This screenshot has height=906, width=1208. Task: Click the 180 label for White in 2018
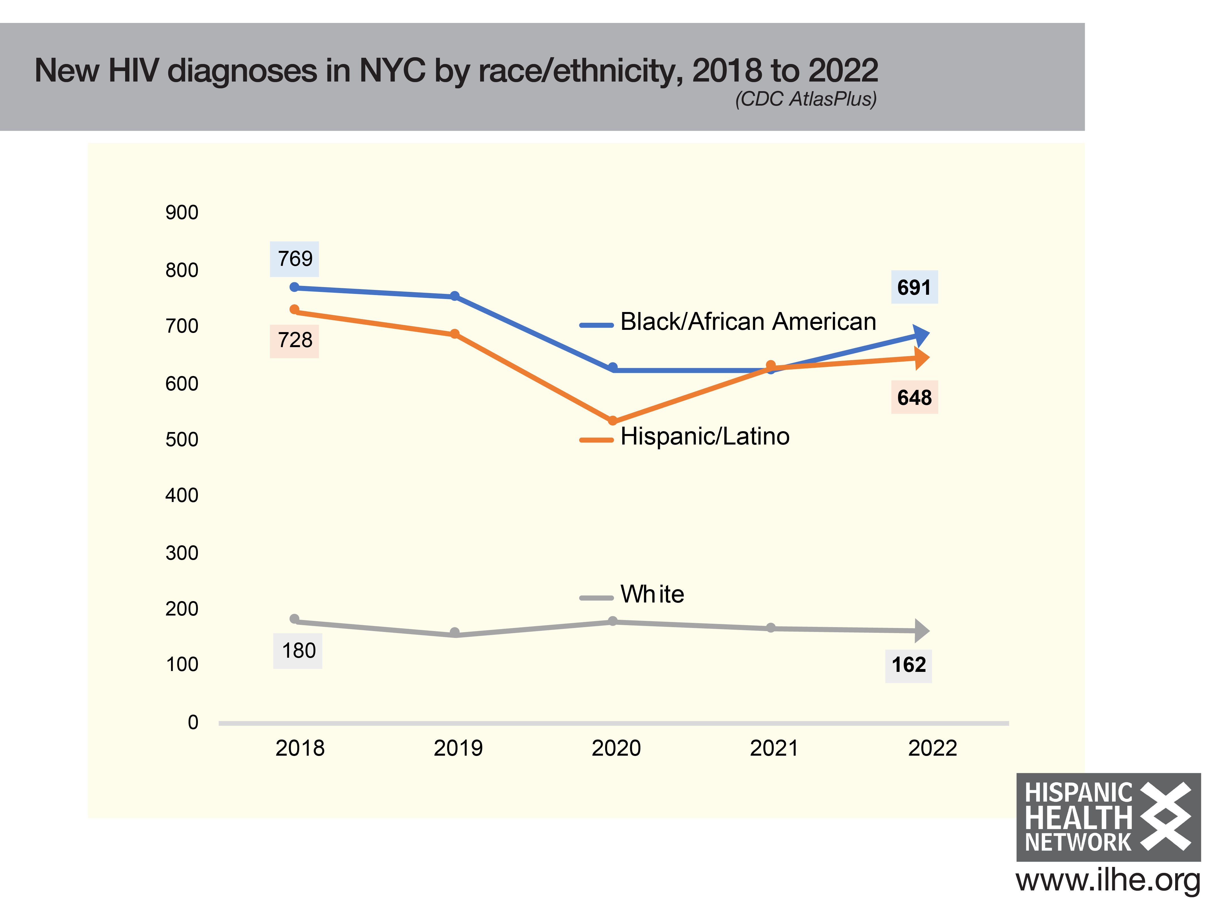298,650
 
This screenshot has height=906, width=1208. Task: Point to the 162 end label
908,665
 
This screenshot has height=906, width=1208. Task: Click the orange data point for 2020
613,420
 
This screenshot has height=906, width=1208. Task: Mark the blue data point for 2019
454,296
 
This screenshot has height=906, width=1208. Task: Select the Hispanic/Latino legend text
704,436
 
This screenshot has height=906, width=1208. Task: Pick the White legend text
652,594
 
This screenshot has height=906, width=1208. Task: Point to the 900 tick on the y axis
182,212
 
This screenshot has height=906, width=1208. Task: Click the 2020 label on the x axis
616,748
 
